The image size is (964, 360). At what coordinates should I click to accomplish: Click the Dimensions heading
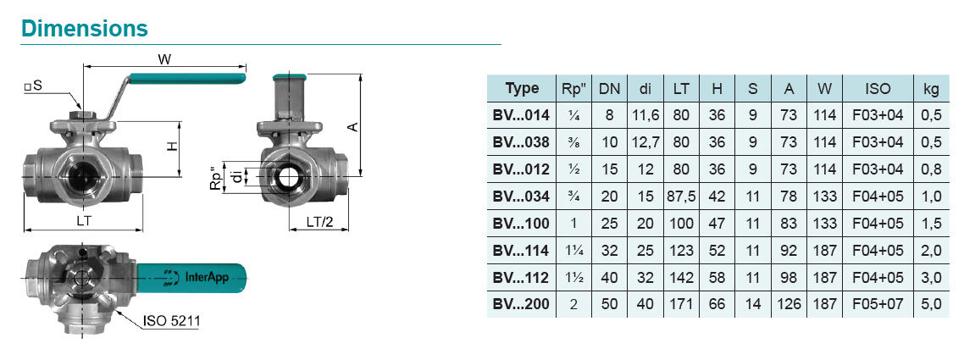click(x=85, y=28)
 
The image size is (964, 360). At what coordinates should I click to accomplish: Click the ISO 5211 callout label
click(x=171, y=321)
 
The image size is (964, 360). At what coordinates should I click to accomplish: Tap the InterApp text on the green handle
click(x=207, y=278)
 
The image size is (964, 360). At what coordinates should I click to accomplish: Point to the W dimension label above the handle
click(x=164, y=59)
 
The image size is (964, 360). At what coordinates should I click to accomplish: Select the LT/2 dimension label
click(x=319, y=222)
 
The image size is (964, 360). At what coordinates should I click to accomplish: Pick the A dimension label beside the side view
click(x=352, y=126)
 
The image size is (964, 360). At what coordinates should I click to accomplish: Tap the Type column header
click(x=522, y=88)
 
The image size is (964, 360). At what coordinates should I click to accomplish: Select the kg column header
click(x=932, y=88)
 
